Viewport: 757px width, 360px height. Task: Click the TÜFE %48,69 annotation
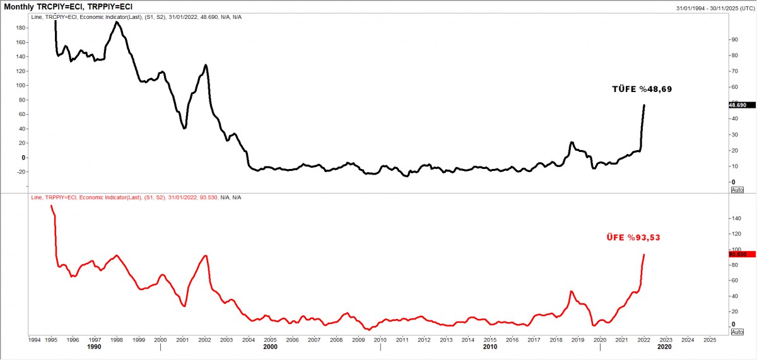[642, 90]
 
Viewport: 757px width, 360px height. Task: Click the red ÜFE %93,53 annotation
[633, 238]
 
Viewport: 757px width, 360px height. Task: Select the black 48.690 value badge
[737, 105]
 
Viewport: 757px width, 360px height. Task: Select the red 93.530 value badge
[737, 254]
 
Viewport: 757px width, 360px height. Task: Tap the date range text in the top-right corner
[715, 8]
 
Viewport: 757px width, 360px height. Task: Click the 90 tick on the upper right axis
[734, 40]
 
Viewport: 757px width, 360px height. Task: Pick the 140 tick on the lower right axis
[736, 218]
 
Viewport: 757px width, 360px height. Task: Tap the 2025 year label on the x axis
[709, 339]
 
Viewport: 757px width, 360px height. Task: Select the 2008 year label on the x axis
[337, 339]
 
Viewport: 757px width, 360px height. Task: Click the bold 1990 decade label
[94, 347]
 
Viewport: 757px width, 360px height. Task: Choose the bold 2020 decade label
[664, 347]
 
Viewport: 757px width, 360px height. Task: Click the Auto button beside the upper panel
[737, 189]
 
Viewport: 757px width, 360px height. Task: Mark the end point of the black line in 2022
[644, 105]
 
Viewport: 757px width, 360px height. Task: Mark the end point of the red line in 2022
[644, 255]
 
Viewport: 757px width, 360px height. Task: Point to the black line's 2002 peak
[206, 65]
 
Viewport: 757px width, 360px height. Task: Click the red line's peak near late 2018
[571, 291]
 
